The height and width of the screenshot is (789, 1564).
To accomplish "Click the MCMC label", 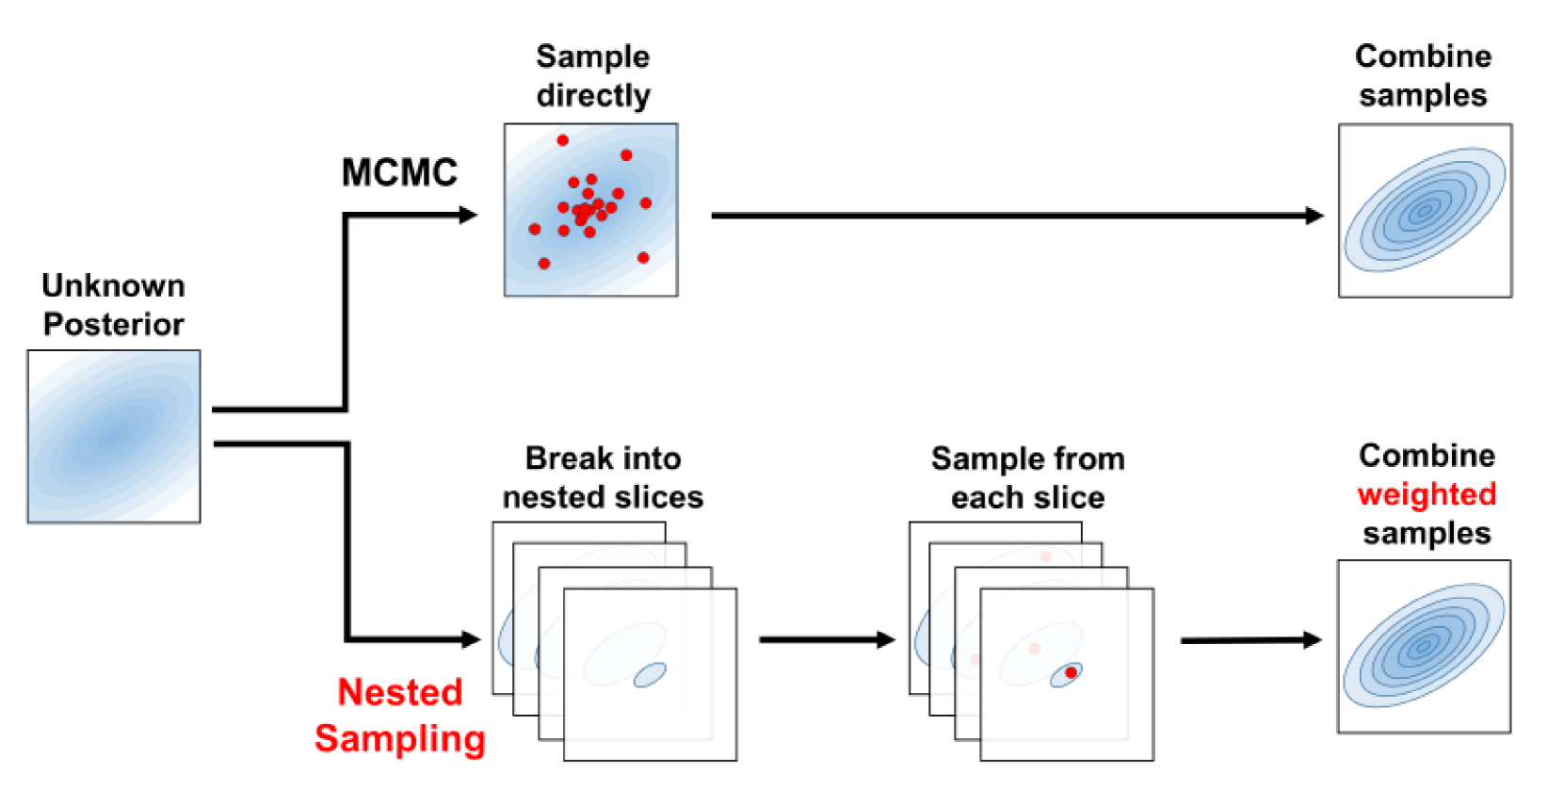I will click(399, 172).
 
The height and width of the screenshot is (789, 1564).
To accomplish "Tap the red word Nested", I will click(400, 692).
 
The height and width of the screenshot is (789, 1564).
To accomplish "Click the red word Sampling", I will click(400, 738).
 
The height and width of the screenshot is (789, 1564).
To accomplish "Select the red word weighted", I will click(1427, 494).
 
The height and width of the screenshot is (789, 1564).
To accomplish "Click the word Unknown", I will click(113, 285).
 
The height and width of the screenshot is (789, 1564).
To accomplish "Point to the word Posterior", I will click(113, 324).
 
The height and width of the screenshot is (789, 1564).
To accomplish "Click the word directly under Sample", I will click(593, 95).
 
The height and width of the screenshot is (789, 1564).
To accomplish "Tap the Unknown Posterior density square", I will click(114, 436).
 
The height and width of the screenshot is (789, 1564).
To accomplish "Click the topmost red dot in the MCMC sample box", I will click(562, 140).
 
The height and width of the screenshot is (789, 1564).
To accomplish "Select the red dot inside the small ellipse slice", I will click(1071, 672).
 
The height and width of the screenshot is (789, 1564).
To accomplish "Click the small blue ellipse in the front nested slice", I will click(650, 674).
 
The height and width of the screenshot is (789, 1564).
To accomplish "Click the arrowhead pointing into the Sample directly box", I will click(468, 216).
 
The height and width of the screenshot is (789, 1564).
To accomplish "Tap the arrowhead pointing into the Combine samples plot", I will click(1314, 216).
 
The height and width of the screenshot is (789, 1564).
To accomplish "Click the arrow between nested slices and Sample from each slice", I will click(826, 640).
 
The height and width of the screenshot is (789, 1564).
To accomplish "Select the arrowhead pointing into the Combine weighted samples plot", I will click(1313, 640).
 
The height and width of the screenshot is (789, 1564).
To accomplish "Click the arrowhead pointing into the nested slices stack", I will click(471, 639).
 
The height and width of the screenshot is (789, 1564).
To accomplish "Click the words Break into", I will click(603, 459).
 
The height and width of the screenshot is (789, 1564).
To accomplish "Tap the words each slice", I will click(1027, 497).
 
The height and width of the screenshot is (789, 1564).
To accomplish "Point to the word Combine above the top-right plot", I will click(1423, 56).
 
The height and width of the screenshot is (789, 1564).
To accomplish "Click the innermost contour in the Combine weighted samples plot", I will click(1423, 646).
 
